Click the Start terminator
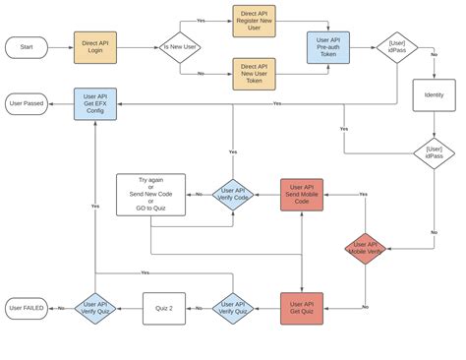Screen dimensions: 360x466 coord(27,47)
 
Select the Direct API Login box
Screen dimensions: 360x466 coord(95,47)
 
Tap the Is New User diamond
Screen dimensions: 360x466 coord(180,47)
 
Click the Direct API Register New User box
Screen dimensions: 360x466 coord(254,21)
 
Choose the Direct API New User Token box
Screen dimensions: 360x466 coord(254,74)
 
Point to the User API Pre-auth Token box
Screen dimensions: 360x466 coord(327,47)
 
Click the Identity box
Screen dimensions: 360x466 coord(434,95)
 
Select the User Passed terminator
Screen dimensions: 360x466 coord(27,103)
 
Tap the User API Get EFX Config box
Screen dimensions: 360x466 coord(95,103)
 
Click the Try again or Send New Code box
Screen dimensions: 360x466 coord(150,194)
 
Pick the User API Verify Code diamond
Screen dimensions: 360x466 coord(233,195)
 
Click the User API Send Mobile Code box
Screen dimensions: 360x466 coord(302,195)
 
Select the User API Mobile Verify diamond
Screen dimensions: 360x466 coord(365,249)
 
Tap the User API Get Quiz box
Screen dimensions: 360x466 coord(302,308)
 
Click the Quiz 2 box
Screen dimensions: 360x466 coord(163,308)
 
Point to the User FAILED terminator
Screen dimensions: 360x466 coord(27,308)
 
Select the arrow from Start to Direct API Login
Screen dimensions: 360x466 coord(60,47)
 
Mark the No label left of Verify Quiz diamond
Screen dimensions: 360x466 coord(61,308)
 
